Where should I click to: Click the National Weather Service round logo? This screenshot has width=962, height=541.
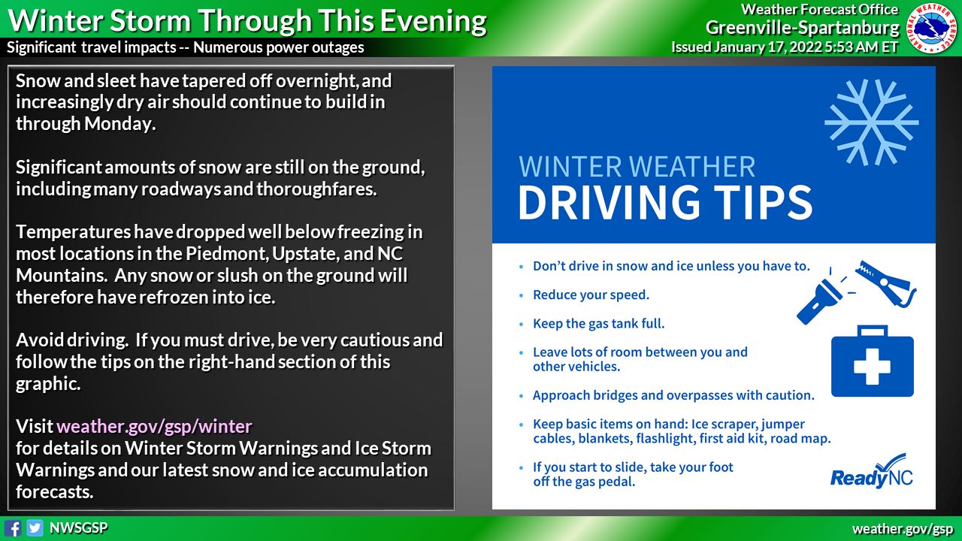[x=933, y=28]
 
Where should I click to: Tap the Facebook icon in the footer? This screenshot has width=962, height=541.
[x=13, y=527]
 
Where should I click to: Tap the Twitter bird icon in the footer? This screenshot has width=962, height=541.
[x=35, y=527]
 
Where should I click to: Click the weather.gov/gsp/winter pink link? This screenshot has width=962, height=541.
[x=154, y=427]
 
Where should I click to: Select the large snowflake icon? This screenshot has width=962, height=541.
[x=871, y=121]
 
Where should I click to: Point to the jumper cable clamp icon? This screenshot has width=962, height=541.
[x=887, y=283]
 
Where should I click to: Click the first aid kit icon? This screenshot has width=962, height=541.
[x=872, y=361]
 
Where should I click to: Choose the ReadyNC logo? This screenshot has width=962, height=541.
[x=871, y=471]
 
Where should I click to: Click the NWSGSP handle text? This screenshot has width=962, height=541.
[x=78, y=528]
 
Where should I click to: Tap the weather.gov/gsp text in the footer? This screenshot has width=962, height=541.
[x=903, y=528]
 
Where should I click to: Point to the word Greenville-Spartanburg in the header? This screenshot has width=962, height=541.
[x=802, y=28]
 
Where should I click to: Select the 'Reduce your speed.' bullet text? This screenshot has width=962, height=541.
[x=591, y=295]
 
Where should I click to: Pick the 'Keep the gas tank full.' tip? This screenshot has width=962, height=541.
[x=598, y=324]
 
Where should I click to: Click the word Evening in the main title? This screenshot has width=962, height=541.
[x=431, y=20]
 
